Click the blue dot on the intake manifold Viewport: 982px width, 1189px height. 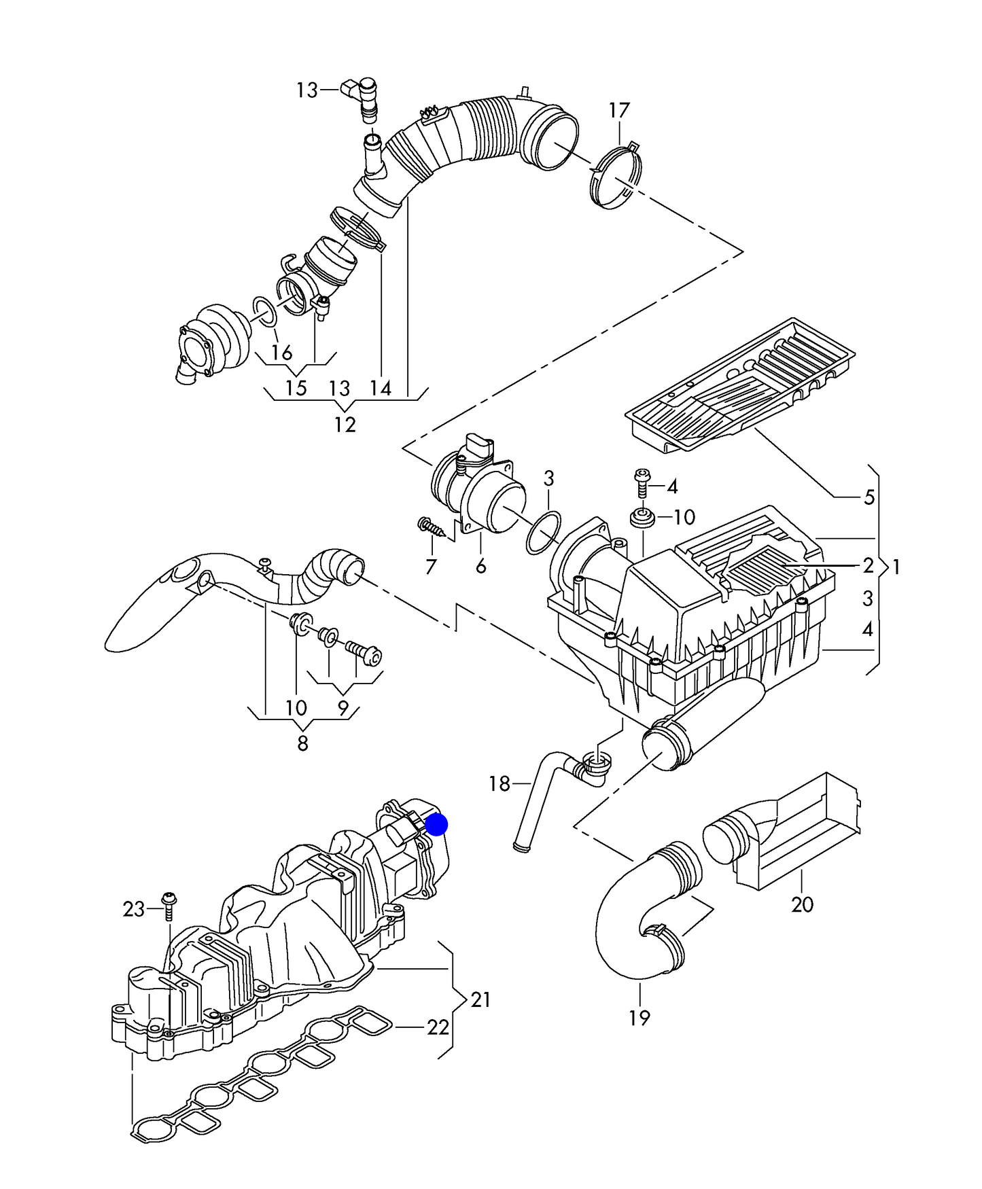(436, 825)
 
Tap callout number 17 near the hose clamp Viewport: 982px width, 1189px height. (618, 110)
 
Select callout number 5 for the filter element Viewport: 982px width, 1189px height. (869, 497)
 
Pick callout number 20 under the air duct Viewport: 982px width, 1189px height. (802, 904)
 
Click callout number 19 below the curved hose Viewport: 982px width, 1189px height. (639, 1017)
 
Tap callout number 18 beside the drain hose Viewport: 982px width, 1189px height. (499, 783)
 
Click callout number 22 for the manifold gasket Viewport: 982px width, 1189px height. (438, 1027)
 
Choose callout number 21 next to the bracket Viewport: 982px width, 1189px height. (480, 999)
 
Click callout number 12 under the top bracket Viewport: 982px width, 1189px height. (345, 425)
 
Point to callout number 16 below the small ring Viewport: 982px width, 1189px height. (281, 352)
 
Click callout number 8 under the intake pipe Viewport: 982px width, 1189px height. (302, 743)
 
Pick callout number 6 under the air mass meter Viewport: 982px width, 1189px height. (480, 566)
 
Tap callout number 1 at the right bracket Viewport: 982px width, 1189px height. (896, 566)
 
